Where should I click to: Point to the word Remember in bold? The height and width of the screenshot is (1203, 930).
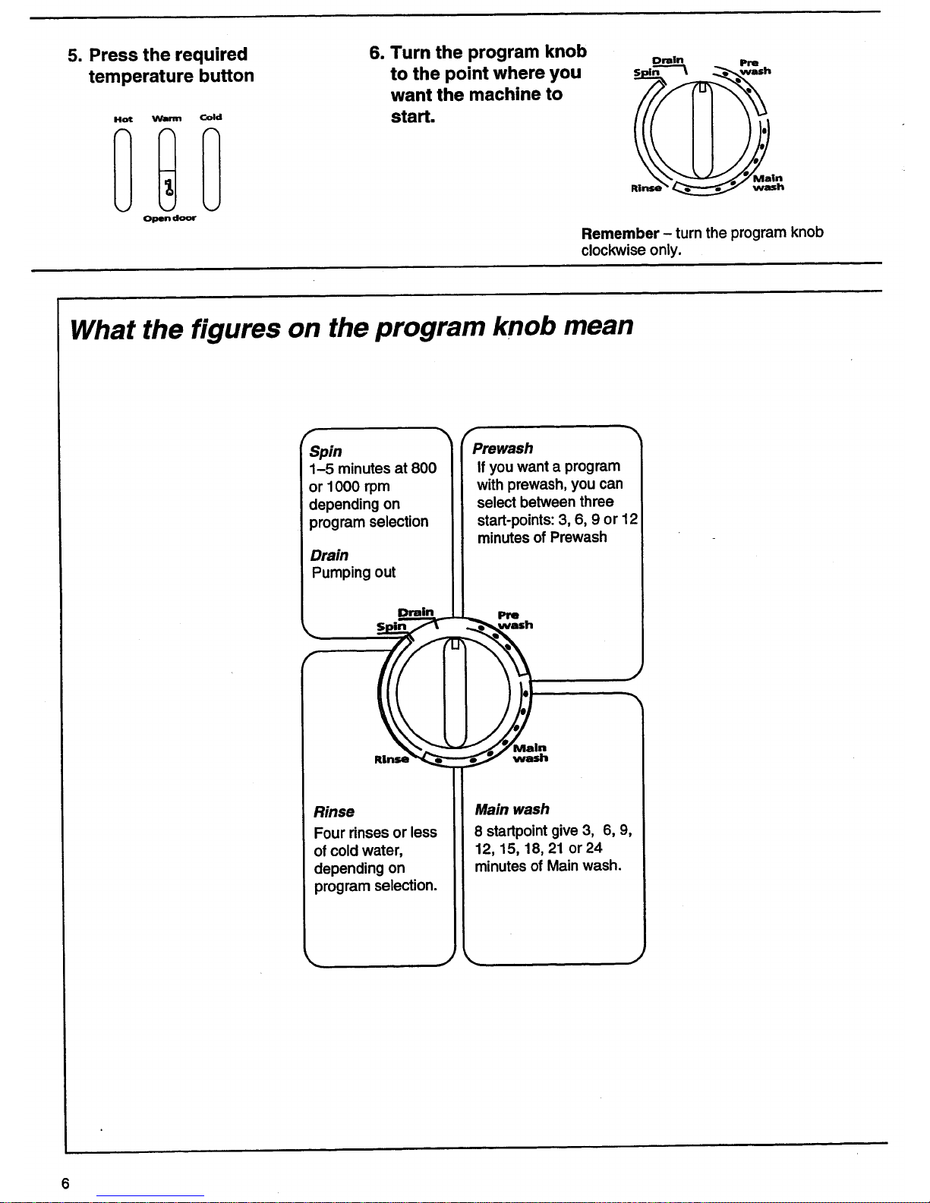coord(619,233)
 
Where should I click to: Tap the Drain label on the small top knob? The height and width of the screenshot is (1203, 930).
coord(668,59)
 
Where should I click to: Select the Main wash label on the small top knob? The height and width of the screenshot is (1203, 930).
coord(768,182)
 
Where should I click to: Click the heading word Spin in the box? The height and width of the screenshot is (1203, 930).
coord(326,451)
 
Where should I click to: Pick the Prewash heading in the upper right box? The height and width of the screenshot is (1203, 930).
coord(503,449)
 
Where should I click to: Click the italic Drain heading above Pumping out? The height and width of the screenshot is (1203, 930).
coord(329,555)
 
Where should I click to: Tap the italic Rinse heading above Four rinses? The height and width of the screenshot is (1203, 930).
coord(334,811)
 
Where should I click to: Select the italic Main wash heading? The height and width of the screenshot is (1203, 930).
coord(512,809)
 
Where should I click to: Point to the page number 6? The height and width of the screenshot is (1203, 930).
coord(65,1183)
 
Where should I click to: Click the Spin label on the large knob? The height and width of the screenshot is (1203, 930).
coord(392,627)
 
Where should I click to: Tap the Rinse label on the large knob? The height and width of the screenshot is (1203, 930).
coord(391,758)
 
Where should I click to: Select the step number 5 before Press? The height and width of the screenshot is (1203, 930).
coord(73,55)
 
